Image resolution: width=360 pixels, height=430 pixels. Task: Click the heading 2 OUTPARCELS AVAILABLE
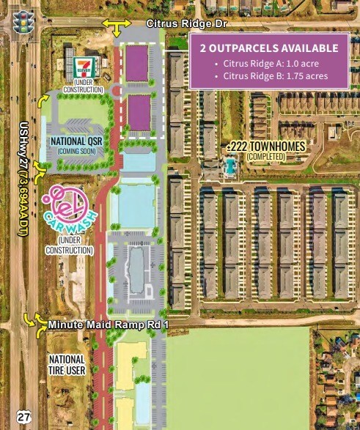point(269,48)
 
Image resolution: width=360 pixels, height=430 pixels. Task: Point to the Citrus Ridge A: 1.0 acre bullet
point(266,64)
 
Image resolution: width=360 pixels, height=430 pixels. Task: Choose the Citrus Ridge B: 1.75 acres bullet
point(271,75)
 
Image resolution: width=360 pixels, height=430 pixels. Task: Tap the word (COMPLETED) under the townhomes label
point(265,157)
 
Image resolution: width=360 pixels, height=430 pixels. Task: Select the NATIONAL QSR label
point(76,141)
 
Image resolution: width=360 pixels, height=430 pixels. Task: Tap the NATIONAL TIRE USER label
point(67,365)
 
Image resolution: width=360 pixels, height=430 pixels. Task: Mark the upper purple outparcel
point(137,63)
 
